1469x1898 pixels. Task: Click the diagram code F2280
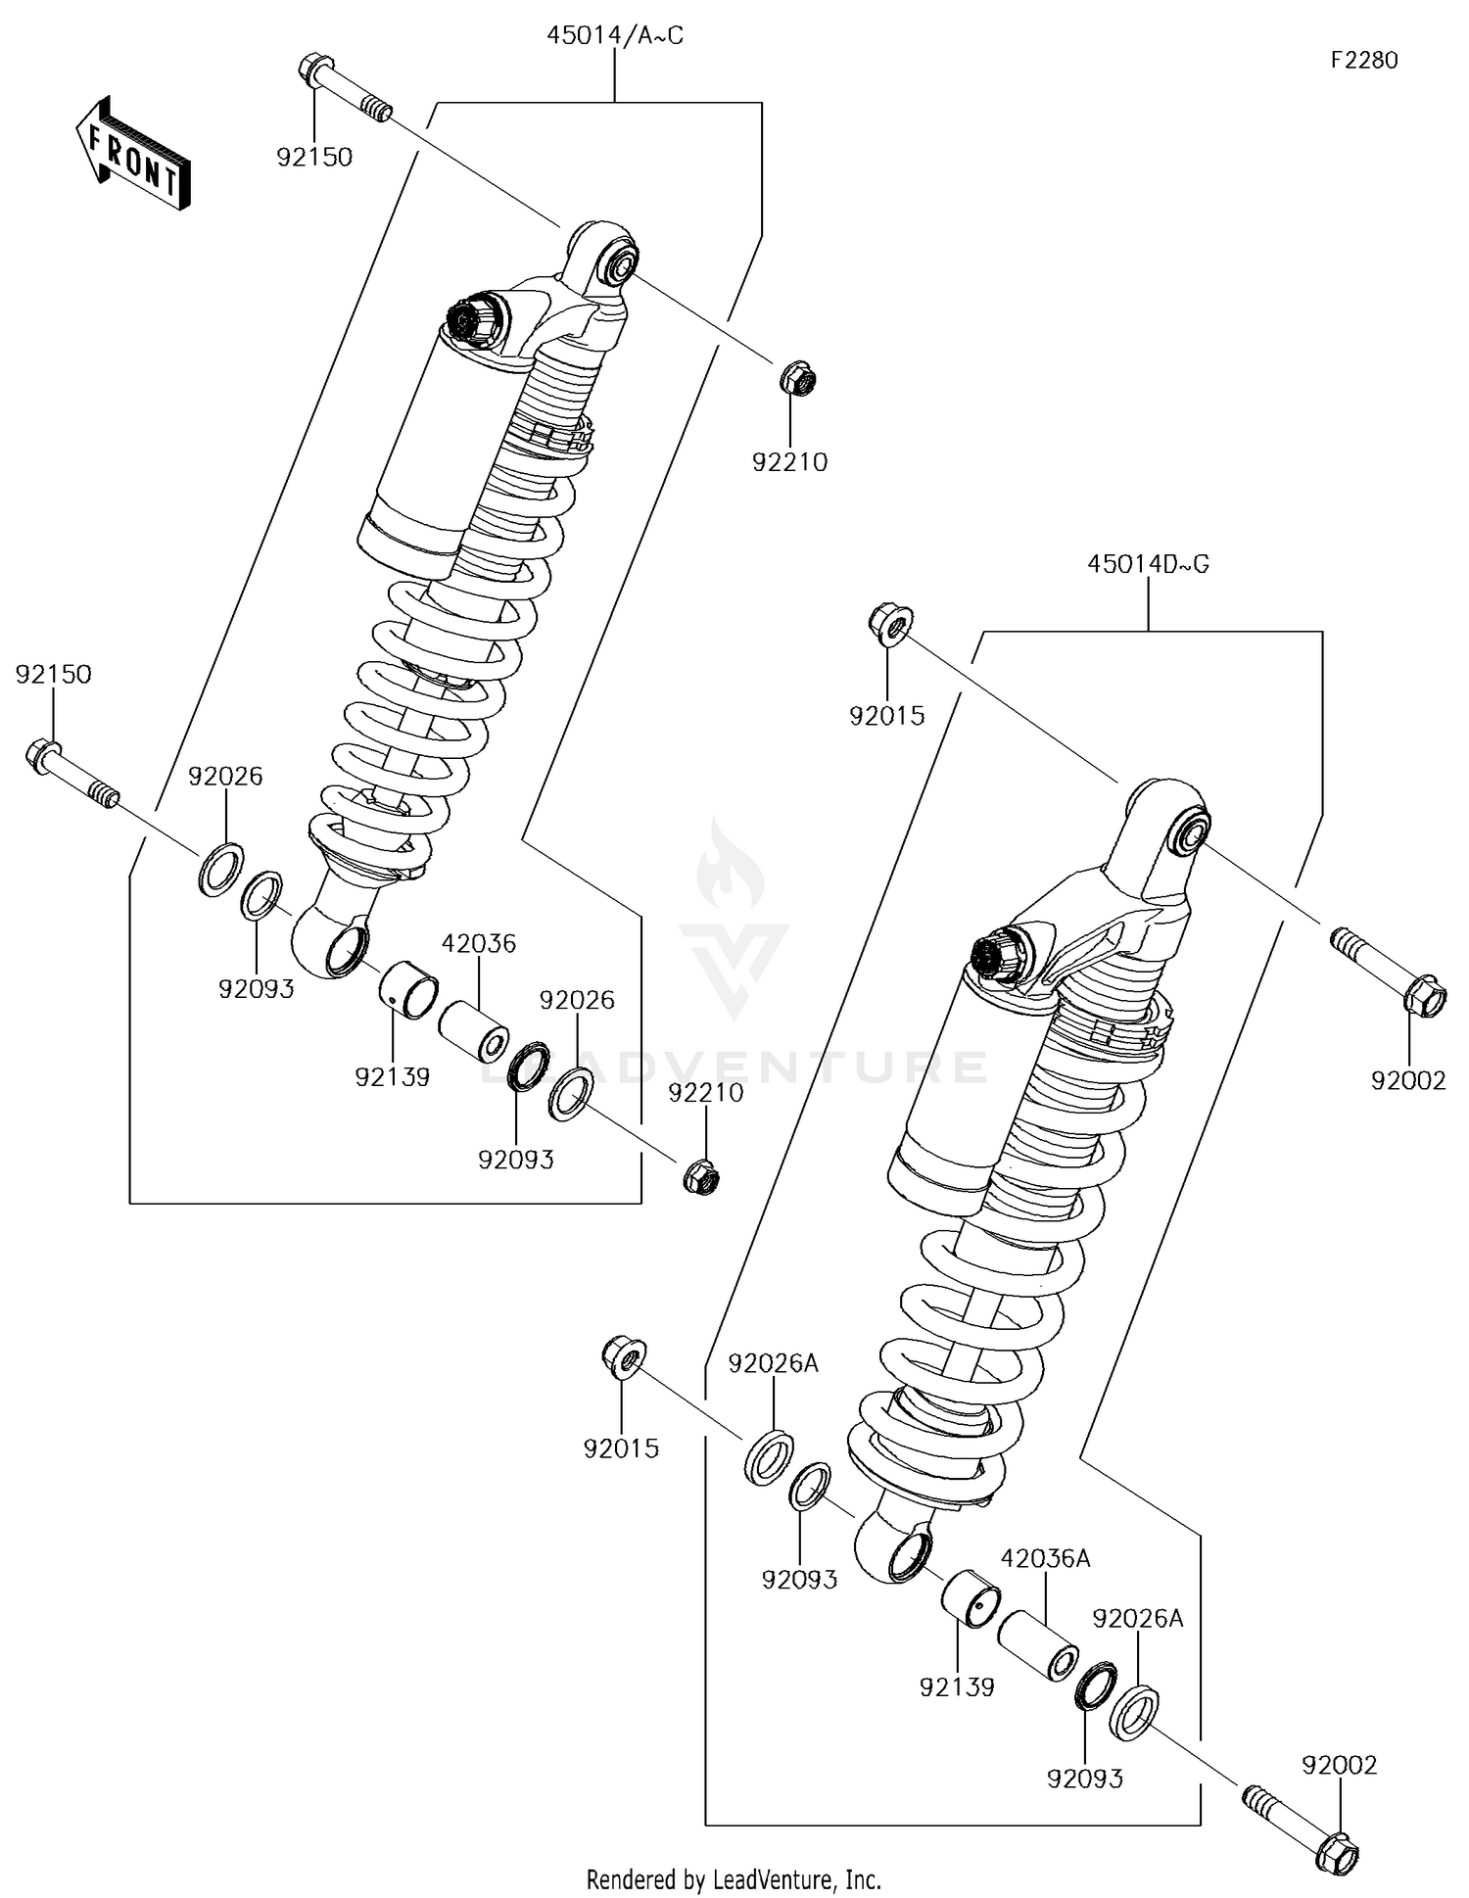[x=1363, y=60]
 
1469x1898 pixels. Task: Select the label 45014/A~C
[x=614, y=36]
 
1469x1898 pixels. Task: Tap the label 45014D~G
[x=1148, y=564]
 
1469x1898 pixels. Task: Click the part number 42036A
[x=1045, y=1558]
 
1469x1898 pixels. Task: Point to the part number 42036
[x=478, y=943]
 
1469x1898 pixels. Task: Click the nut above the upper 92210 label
[x=798, y=379]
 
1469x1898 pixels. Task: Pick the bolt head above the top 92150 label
[x=309, y=70]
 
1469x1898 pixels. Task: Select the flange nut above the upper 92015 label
[x=889, y=623]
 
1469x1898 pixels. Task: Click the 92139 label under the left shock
[x=392, y=1076]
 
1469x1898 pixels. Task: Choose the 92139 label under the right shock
[x=957, y=1686]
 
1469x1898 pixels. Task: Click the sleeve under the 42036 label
[x=473, y=1028]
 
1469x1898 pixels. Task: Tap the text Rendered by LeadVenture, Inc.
[x=734, y=1879]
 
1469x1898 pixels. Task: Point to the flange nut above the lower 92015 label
[x=623, y=1356]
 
